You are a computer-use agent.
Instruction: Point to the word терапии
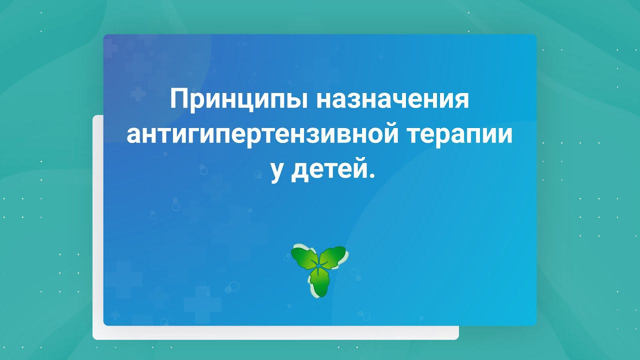click(455, 135)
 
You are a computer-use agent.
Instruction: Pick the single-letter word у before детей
click(277, 172)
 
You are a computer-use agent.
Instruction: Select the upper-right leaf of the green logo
click(333, 257)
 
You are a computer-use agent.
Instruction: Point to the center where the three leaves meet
click(318, 267)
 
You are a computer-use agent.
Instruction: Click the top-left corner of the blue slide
click(104, 35)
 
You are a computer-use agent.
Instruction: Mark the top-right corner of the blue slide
click(535, 35)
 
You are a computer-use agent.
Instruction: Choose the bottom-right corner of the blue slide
click(535, 324)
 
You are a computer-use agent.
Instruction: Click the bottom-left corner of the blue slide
click(104, 324)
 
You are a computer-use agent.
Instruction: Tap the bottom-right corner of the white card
click(457, 338)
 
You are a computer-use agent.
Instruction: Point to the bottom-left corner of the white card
click(94, 338)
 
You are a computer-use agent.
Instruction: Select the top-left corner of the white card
click(94, 116)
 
